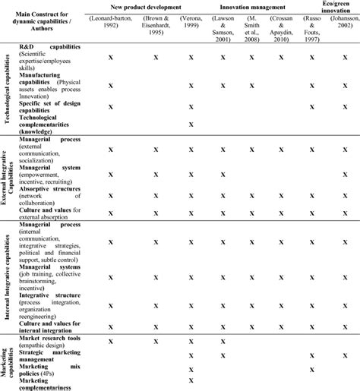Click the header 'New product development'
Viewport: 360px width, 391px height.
151,6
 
